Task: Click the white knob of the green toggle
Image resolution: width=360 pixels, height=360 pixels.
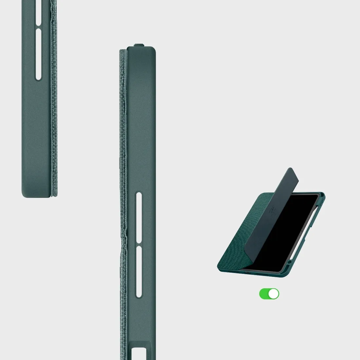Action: pos(274,294)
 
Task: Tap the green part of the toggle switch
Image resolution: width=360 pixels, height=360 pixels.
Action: pos(264,294)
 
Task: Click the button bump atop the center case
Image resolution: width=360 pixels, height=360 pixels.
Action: pos(139,44)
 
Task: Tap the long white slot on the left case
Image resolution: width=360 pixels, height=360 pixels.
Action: pos(38,54)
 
